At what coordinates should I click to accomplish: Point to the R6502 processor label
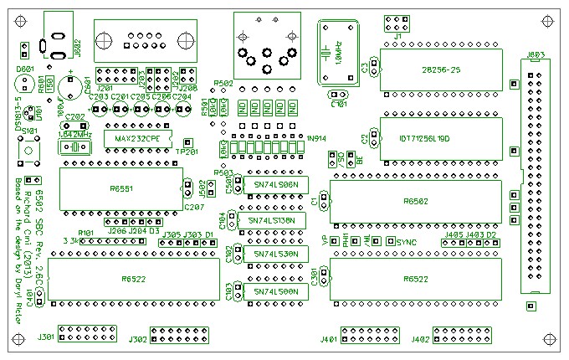(x=416, y=202)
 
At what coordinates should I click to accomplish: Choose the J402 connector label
(x=421, y=339)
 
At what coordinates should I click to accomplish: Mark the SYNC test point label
(x=407, y=242)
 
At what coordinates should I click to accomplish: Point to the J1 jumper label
(x=397, y=37)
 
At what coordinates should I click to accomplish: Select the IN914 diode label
(x=316, y=137)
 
